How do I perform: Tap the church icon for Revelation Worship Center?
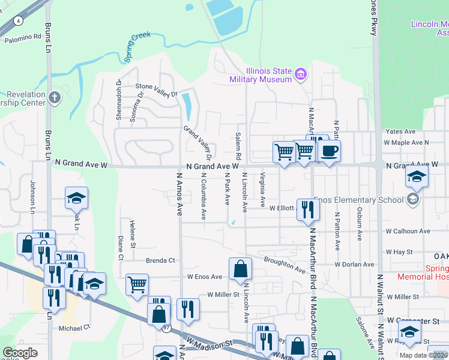[x=55, y=97]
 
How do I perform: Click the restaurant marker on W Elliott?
[x=308, y=209]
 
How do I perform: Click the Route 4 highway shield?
[x=19, y=20]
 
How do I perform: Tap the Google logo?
[x=20, y=352]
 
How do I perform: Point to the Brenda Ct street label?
[x=160, y=260]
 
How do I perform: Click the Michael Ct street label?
[x=74, y=327]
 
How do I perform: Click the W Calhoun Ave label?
[x=408, y=230]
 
